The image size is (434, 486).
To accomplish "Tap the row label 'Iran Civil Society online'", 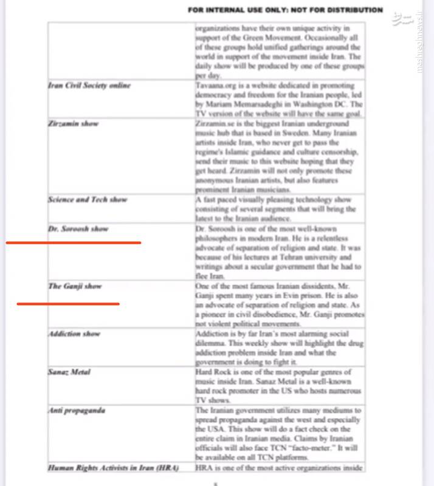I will click(x=89, y=86).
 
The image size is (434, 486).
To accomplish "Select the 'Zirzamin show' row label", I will click(x=74, y=124).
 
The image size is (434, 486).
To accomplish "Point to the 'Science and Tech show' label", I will click(x=88, y=199).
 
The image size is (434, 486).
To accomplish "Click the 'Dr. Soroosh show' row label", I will click(x=78, y=229).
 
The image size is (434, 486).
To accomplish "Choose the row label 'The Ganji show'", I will click(x=75, y=286).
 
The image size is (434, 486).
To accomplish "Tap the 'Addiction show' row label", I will click(x=74, y=334).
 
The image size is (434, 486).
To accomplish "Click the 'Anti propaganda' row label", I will click(x=77, y=410).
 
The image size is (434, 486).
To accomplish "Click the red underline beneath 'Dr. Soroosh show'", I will click(x=73, y=243).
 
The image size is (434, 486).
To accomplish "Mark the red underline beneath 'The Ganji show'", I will click(x=67, y=303).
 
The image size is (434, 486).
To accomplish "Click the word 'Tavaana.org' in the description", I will click(x=214, y=86).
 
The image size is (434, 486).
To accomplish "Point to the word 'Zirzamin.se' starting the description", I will click(x=214, y=123).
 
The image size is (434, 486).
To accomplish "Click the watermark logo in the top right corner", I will click(x=402, y=20).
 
